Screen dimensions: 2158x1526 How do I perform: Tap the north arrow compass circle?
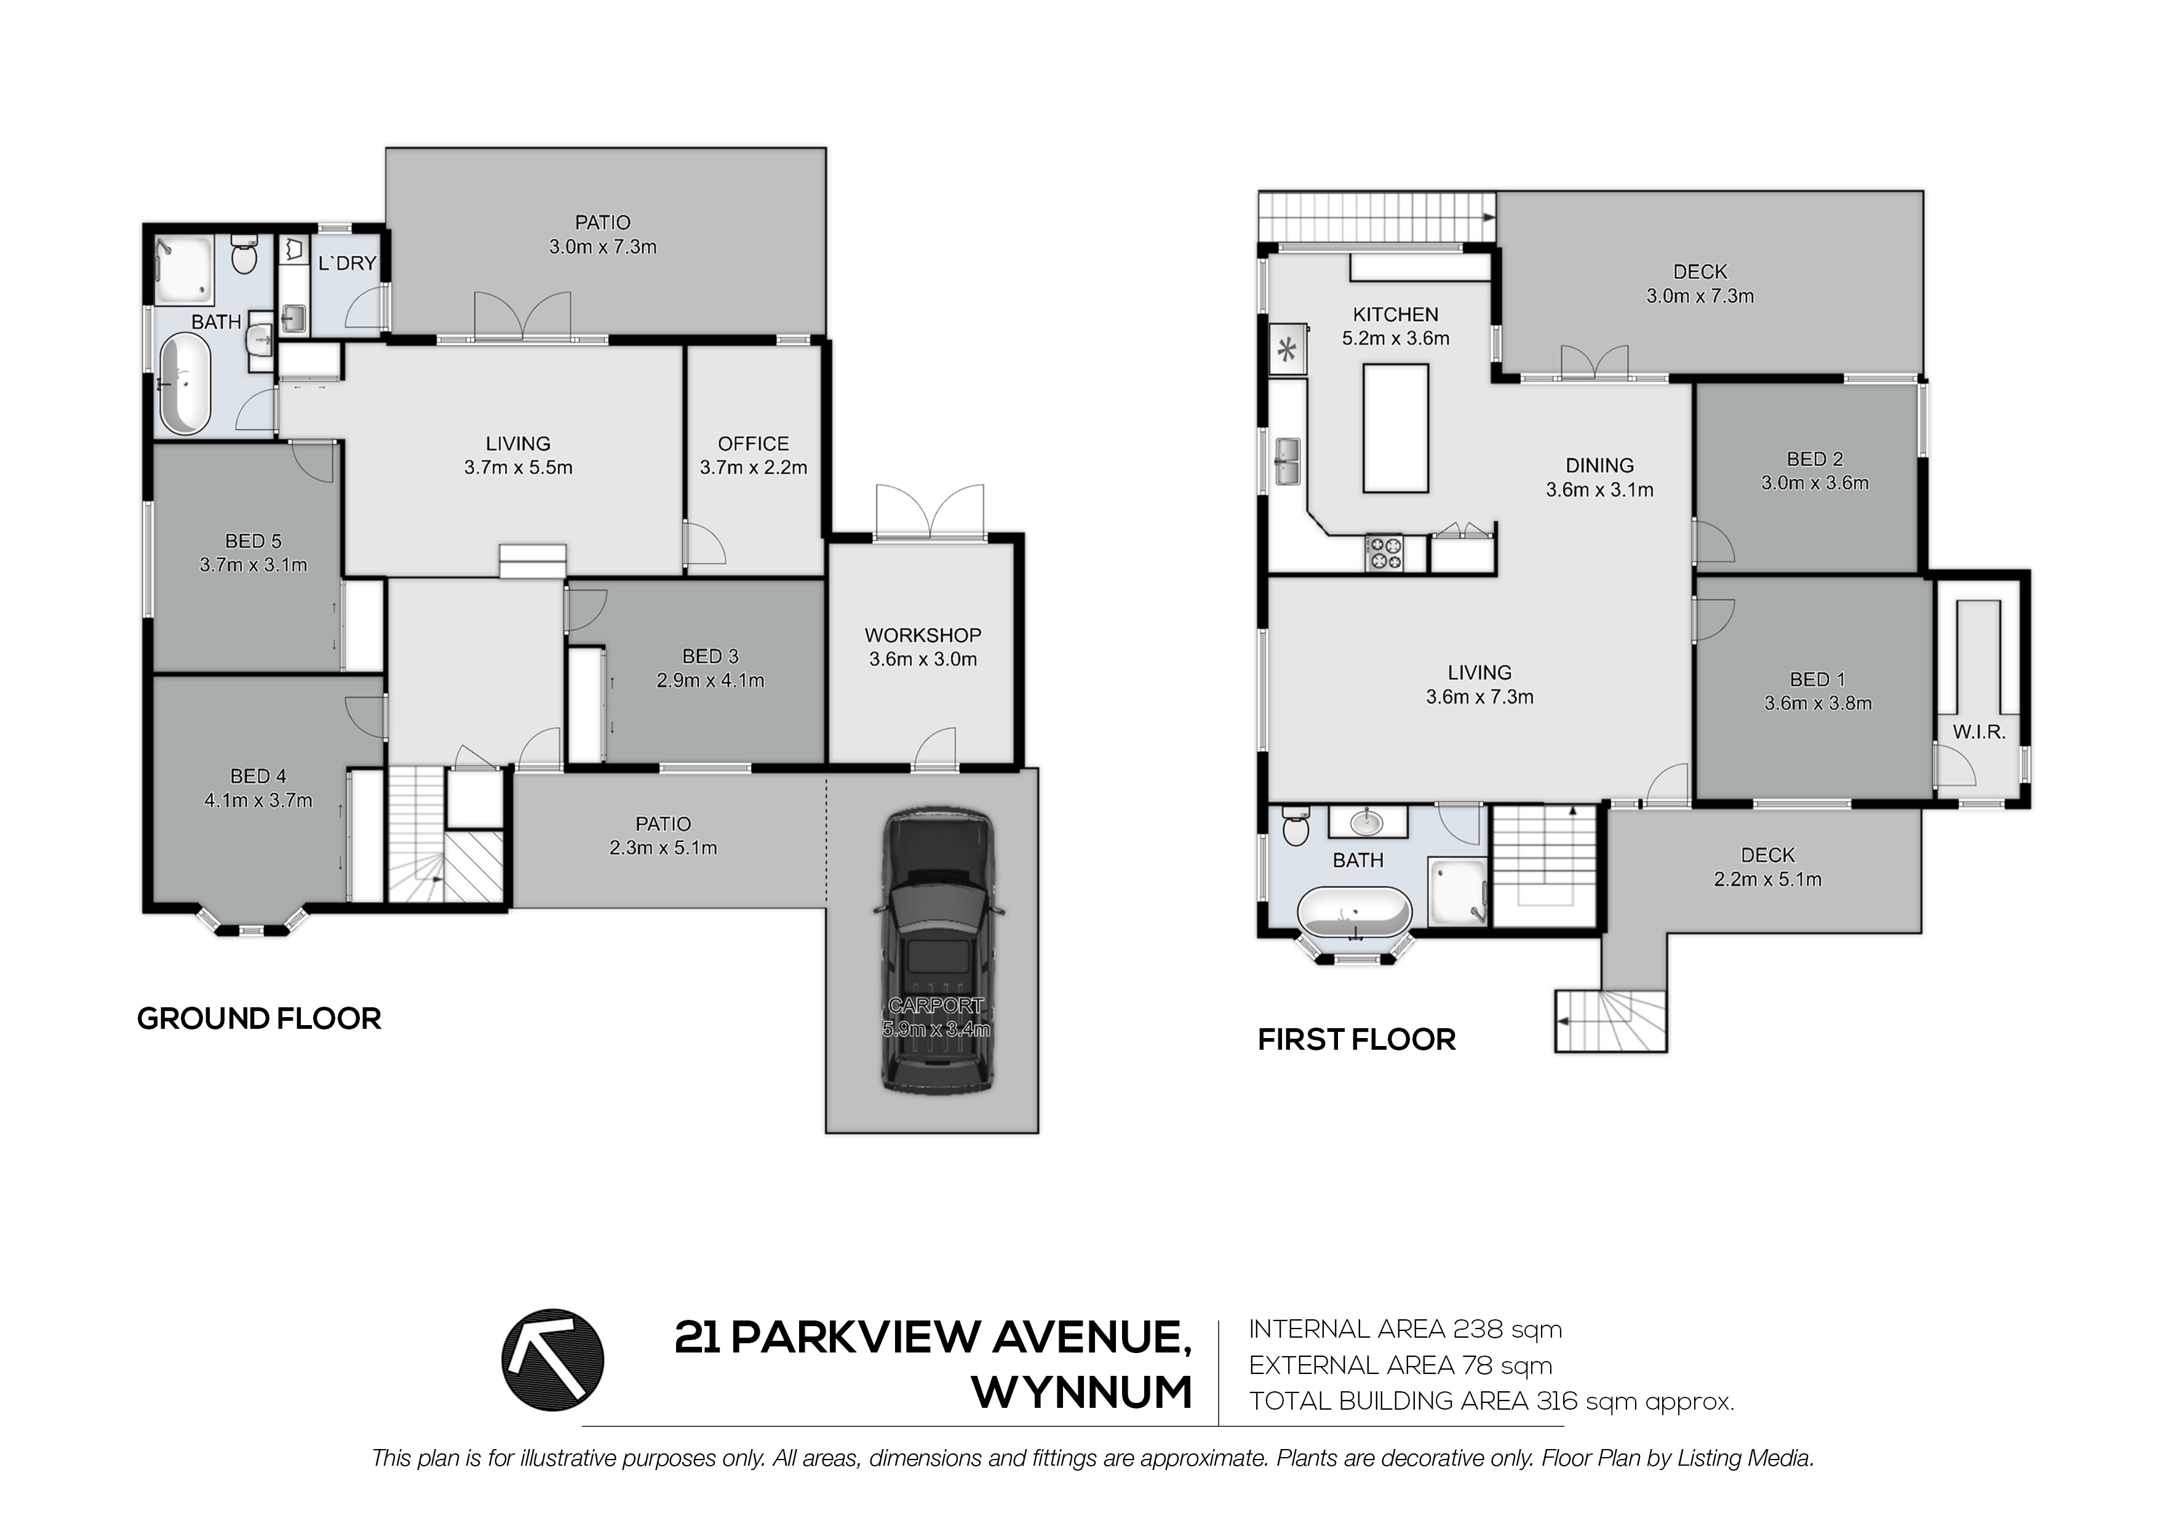(x=552, y=1360)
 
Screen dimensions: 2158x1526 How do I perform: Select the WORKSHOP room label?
(x=923, y=636)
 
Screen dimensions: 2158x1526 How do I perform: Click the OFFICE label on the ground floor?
(x=753, y=444)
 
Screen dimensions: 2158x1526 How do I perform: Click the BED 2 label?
(x=1815, y=459)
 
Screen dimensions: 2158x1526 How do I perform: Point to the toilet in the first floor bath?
(x=1294, y=826)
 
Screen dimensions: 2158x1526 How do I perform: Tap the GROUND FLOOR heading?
(x=260, y=1018)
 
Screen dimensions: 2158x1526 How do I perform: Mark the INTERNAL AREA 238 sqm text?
(x=1405, y=1330)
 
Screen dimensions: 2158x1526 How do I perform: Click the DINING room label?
(x=1599, y=465)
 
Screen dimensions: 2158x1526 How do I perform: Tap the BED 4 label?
(x=258, y=776)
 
